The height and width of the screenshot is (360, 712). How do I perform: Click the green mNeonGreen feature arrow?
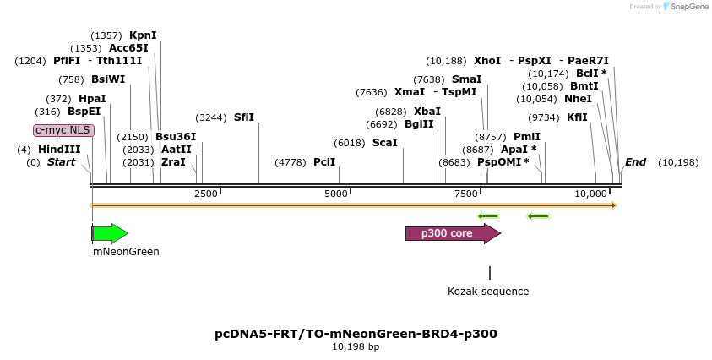pyautogui.click(x=110, y=234)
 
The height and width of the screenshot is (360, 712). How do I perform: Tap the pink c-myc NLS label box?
pyautogui.click(x=63, y=130)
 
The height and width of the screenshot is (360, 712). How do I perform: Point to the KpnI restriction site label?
pyautogui.click(x=143, y=35)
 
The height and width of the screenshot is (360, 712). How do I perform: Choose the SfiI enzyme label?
pyautogui.click(x=244, y=117)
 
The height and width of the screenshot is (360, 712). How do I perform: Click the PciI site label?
pyautogui.click(x=324, y=161)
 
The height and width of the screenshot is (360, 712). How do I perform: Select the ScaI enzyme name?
pyautogui.click(x=384, y=143)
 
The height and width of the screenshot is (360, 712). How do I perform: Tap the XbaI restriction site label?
pyautogui.click(x=427, y=112)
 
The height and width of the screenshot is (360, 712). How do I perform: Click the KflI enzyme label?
pyautogui.click(x=578, y=117)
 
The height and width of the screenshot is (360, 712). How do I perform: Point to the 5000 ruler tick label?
pyautogui.click(x=337, y=194)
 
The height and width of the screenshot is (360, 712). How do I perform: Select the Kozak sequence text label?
pyautogui.click(x=488, y=292)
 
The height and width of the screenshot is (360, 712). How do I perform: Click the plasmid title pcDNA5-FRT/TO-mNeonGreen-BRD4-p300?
pyautogui.click(x=356, y=334)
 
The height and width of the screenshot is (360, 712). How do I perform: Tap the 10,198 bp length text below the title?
pyautogui.click(x=356, y=346)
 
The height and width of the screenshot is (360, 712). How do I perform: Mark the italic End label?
pyautogui.click(x=635, y=162)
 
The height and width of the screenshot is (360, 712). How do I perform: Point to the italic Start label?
pyautogui.click(x=61, y=162)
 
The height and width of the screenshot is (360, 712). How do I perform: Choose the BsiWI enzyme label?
pyautogui.click(x=108, y=79)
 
